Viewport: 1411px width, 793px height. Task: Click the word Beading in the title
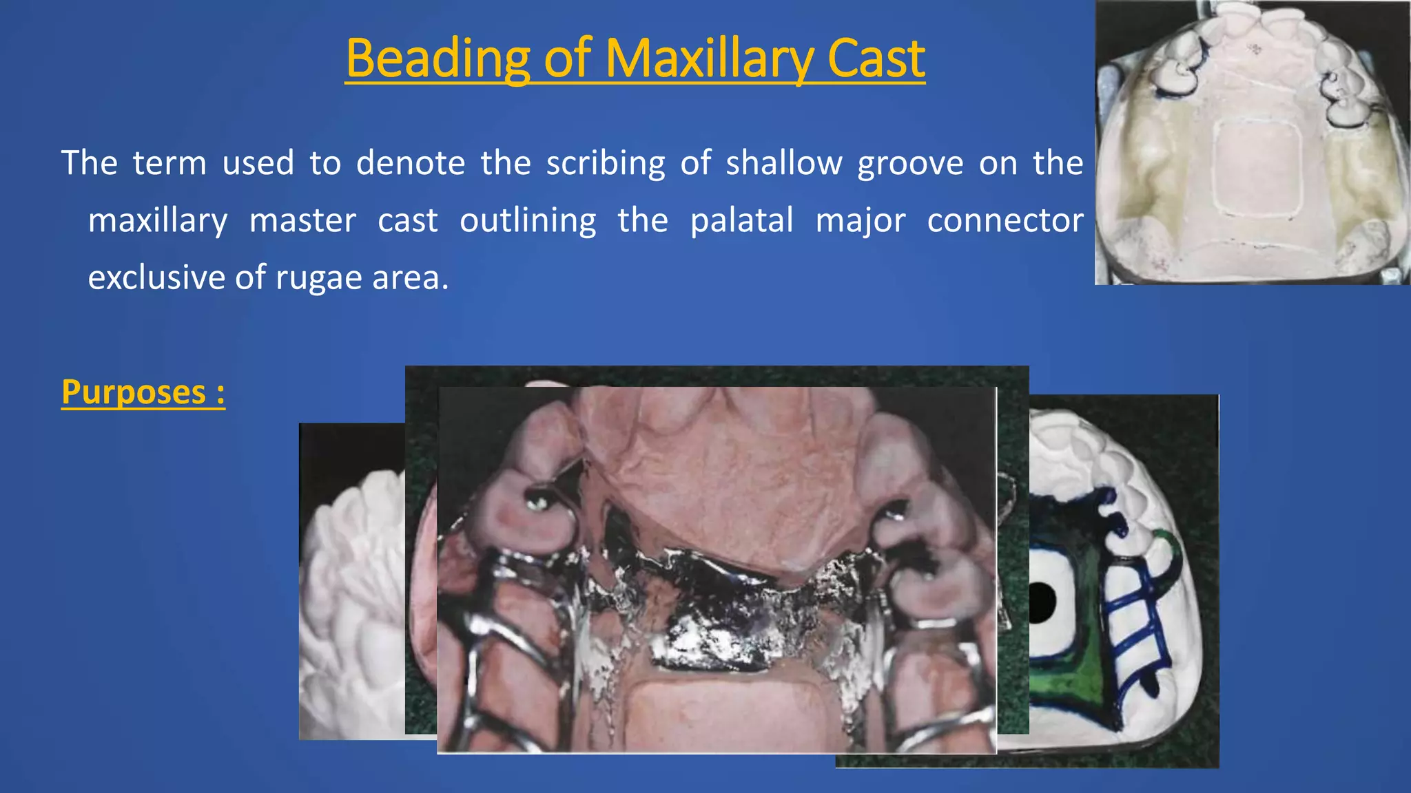[x=437, y=59]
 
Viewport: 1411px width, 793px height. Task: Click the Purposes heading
[x=143, y=392]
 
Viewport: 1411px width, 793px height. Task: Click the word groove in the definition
[x=910, y=164]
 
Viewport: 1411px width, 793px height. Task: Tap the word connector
[x=1005, y=221]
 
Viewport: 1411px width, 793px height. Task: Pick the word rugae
[x=319, y=278]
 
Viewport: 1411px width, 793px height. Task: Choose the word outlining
[x=528, y=221]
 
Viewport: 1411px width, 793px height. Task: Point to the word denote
[x=411, y=164]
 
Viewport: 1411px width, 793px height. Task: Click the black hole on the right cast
[x=1041, y=601]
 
